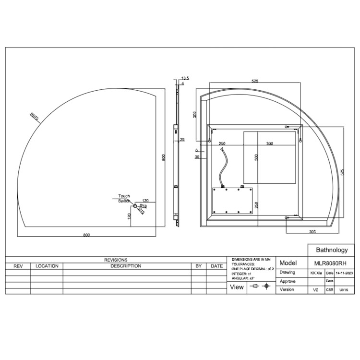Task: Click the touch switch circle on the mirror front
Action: click(x=135, y=205)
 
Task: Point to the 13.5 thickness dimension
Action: click(x=185, y=78)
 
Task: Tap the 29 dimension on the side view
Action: click(x=182, y=139)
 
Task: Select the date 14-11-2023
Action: click(x=344, y=272)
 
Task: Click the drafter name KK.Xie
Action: click(x=316, y=272)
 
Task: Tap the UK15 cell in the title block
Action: click(x=344, y=290)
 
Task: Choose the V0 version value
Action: click(x=315, y=290)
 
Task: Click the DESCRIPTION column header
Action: click(x=126, y=266)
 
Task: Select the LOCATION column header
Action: click(x=47, y=266)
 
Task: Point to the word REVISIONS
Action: click(x=116, y=260)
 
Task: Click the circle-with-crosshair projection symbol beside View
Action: click(x=267, y=287)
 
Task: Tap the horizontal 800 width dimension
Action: click(x=86, y=235)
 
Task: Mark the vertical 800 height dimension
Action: click(x=163, y=157)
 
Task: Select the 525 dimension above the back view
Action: click(x=255, y=82)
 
